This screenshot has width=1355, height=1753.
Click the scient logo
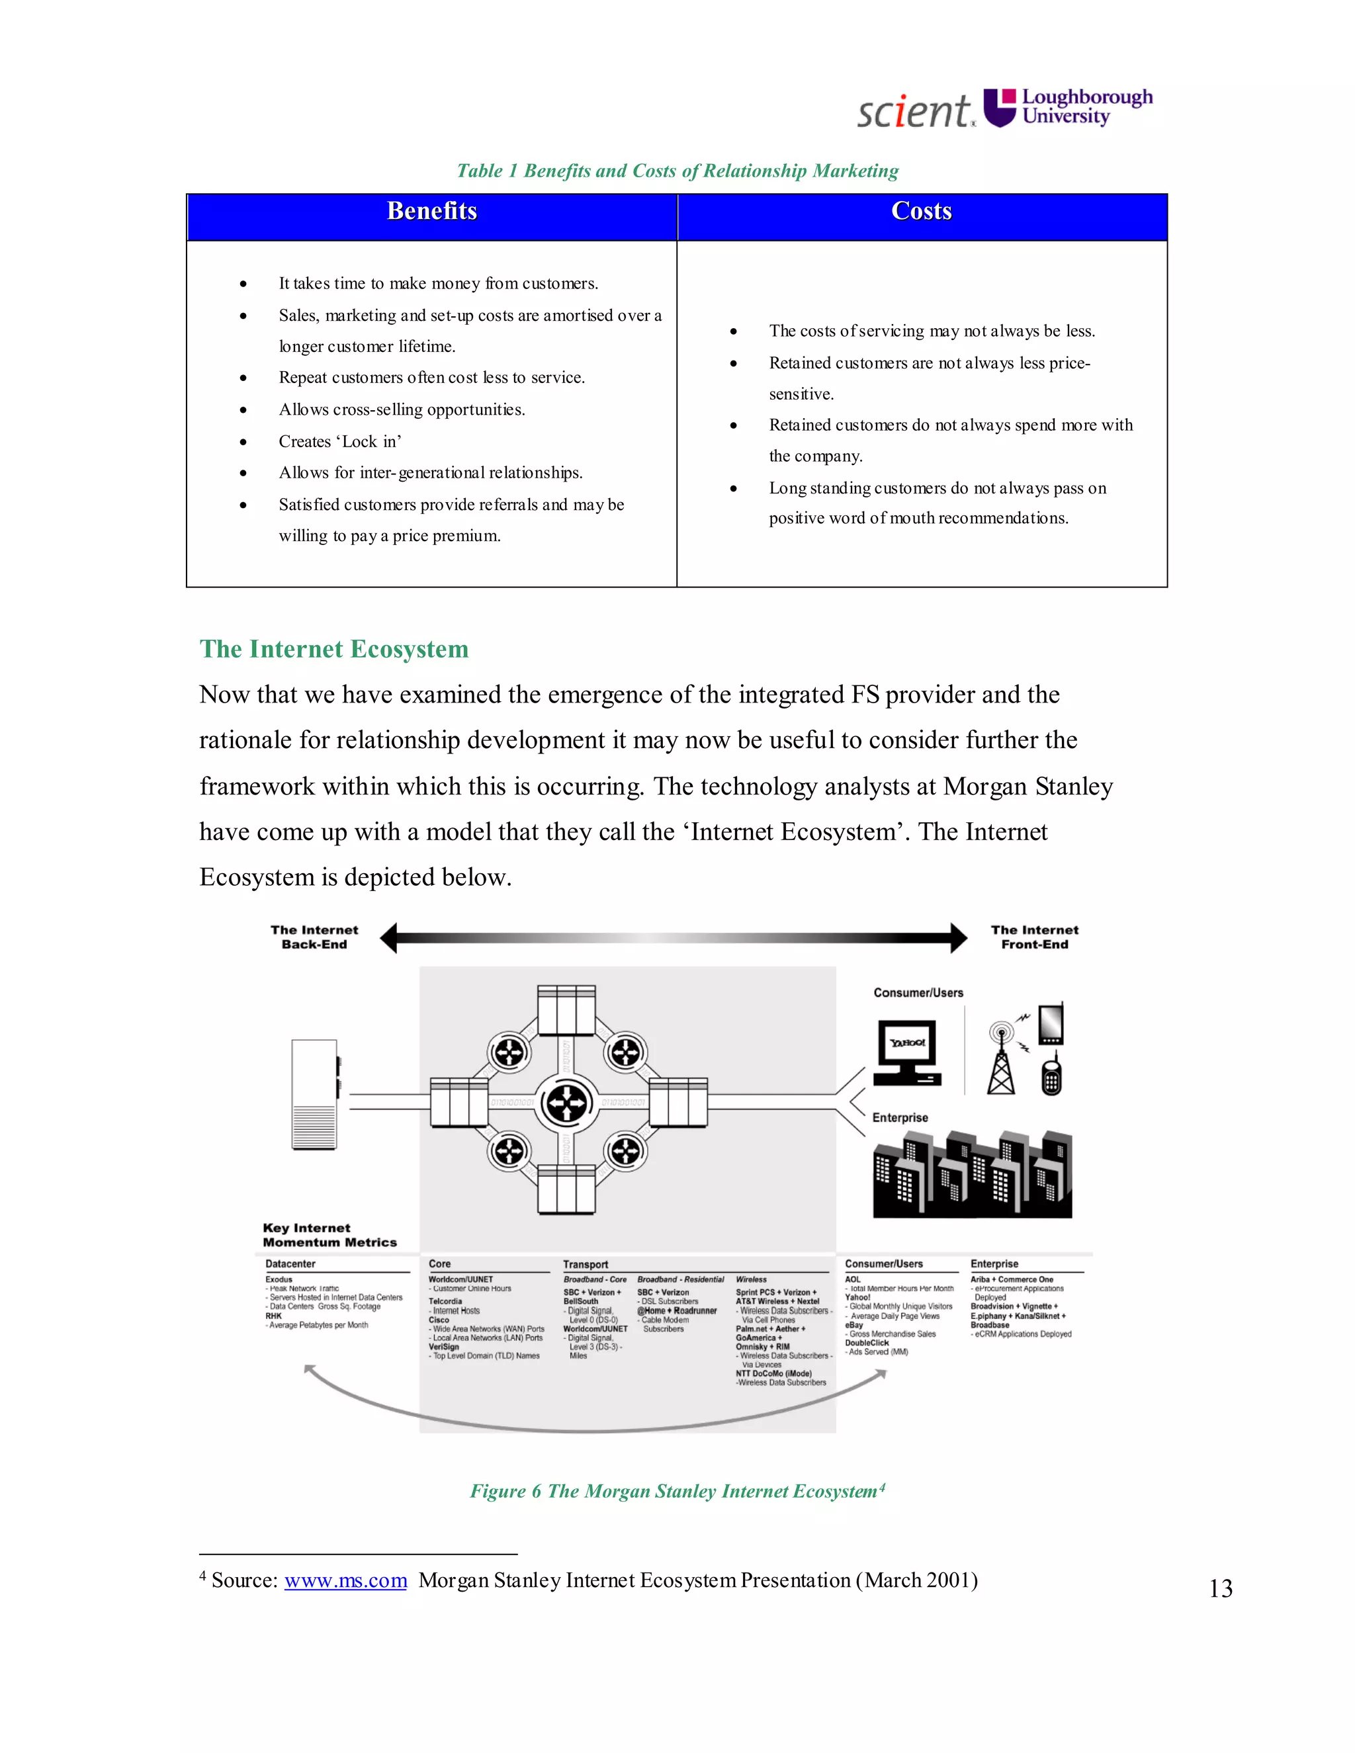[x=914, y=110]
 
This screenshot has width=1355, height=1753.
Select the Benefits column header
[x=432, y=211]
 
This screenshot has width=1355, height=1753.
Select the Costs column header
[x=922, y=211]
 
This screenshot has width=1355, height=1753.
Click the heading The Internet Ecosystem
[x=334, y=648]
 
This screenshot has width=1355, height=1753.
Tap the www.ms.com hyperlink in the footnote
[x=345, y=1580]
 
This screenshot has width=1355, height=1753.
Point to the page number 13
[x=1220, y=1588]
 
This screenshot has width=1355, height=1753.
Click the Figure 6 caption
[x=677, y=1490]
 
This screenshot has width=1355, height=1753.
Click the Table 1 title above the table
[x=677, y=171]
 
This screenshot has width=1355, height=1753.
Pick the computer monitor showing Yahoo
[x=907, y=1050]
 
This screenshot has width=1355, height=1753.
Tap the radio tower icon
[x=1001, y=1058]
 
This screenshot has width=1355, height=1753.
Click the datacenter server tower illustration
[x=315, y=1094]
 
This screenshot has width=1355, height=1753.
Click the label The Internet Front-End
[x=1034, y=937]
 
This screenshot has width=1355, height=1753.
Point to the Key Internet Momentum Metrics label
[x=329, y=1234]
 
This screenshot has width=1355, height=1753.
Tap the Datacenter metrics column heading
[x=290, y=1263]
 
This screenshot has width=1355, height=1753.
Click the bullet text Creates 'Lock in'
[x=339, y=441]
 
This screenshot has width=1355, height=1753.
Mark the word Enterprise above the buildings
[x=900, y=1117]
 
